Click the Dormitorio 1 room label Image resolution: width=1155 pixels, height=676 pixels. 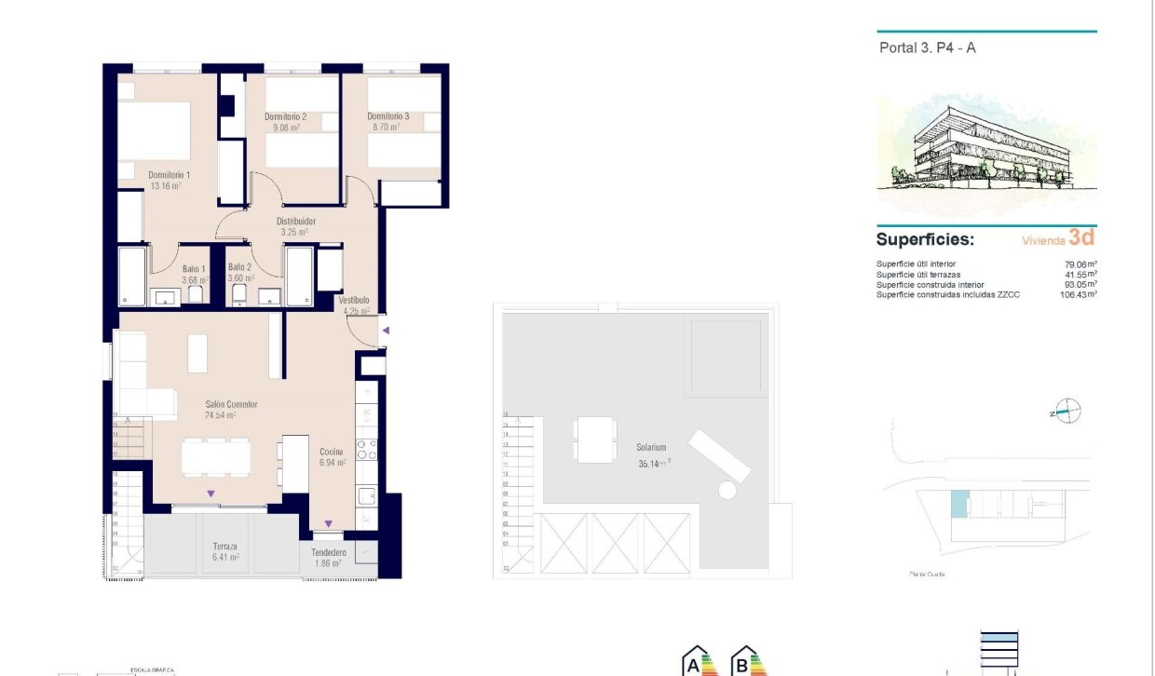click(x=169, y=174)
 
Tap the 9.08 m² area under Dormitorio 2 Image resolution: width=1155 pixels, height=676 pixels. click(x=285, y=128)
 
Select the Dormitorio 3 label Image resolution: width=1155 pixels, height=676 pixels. click(x=387, y=117)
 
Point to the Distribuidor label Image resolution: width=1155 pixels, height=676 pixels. click(x=296, y=222)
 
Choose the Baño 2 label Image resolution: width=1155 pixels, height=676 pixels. click(x=239, y=267)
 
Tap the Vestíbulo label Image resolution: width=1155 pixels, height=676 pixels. click(x=354, y=301)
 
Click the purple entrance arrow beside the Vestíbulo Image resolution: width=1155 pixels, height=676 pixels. click(x=385, y=331)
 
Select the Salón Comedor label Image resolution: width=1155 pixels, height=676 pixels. click(x=231, y=405)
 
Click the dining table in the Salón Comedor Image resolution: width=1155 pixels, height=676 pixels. click(x=215, y=457)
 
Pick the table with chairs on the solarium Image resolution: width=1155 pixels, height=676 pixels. click(x=594, y=439)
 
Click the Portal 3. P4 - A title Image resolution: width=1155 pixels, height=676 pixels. click(x=927, y=48)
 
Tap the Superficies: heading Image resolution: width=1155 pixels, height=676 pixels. click(x=925, y=239)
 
